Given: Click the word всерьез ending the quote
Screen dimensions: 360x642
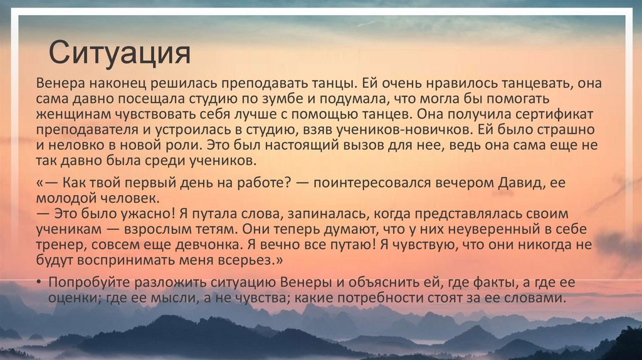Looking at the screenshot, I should (x=261, y=260).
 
